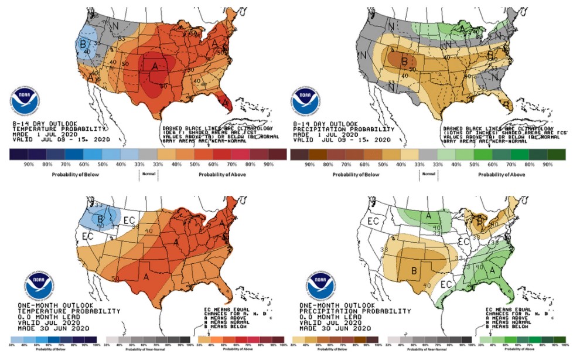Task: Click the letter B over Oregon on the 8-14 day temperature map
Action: (x=84, y=43)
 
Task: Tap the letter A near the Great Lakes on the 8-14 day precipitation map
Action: (x=462, y=28)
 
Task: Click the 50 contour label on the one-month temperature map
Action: (x=115, y=277)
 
